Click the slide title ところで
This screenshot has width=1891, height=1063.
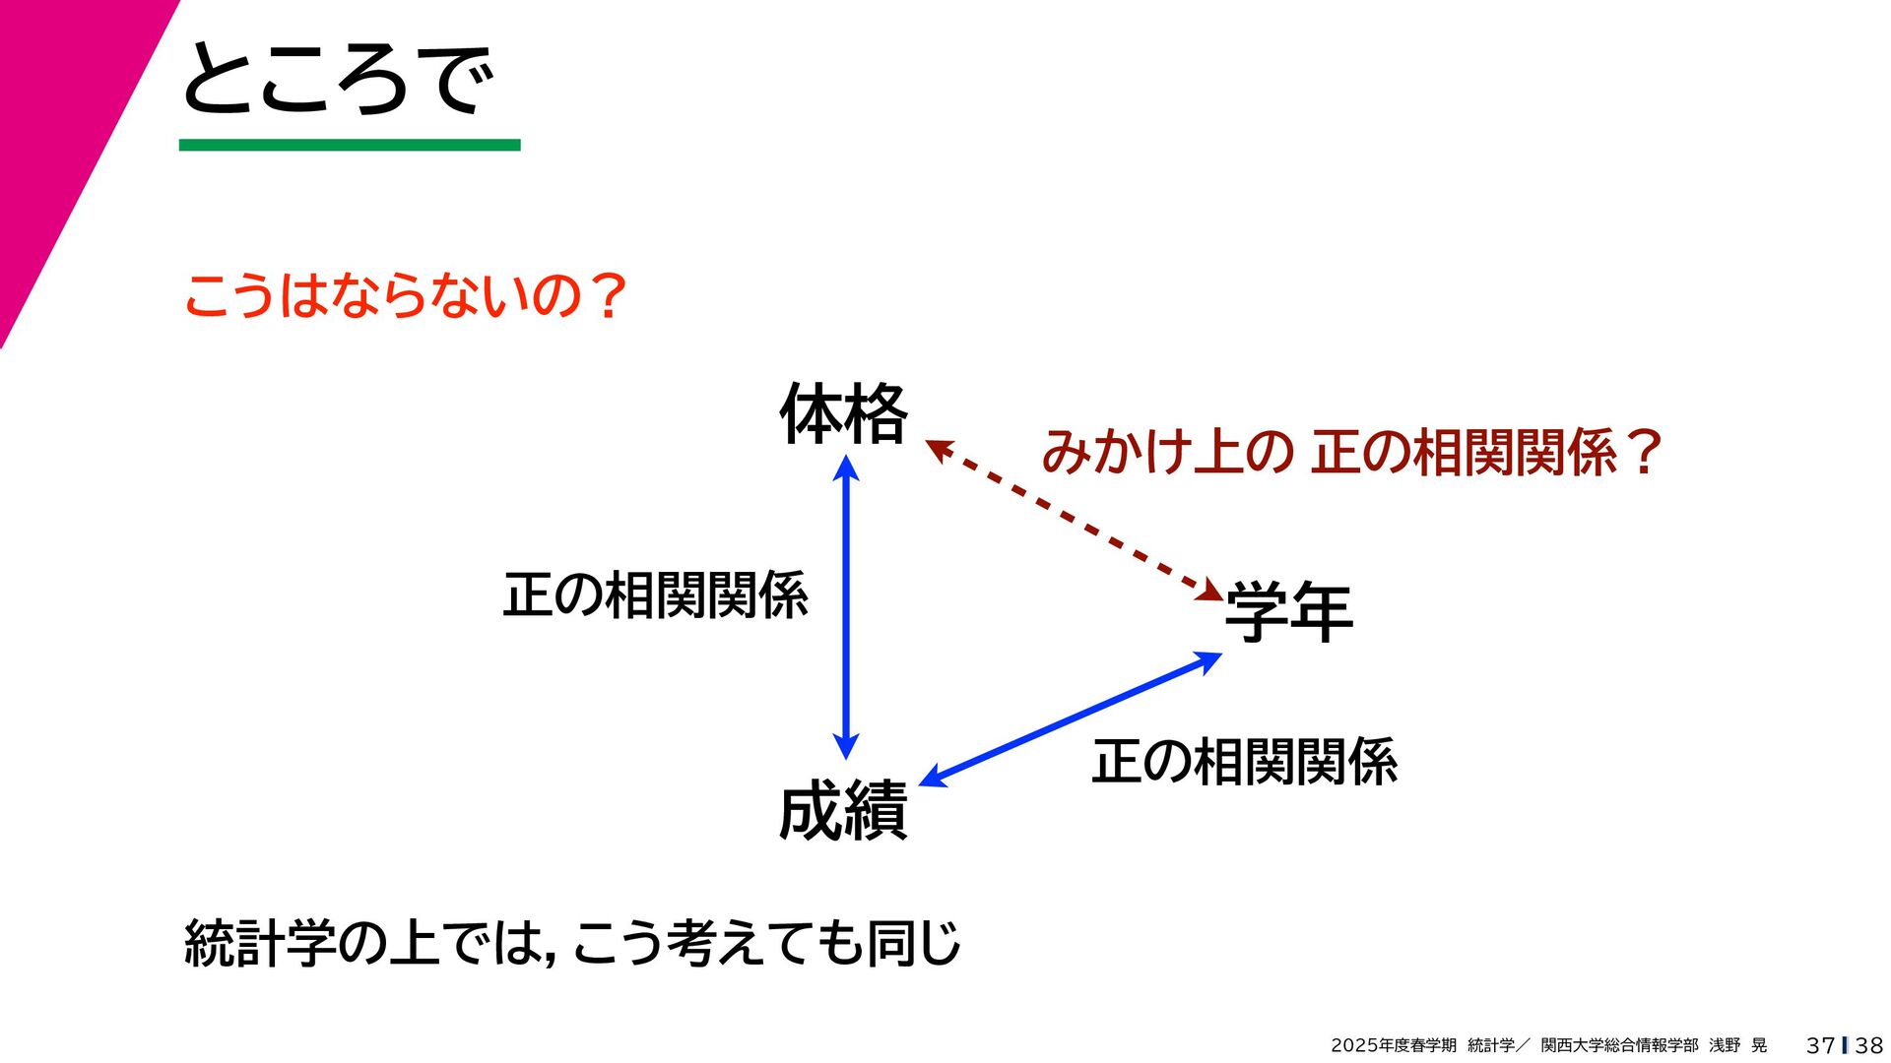coord(338,79)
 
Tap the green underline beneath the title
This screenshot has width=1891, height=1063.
coord(349,146)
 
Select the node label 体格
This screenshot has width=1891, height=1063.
coord(843,414)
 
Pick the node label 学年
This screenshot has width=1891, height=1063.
coord(1288,611)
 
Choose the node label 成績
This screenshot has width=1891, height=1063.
coord(843,811)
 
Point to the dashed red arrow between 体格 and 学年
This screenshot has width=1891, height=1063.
coord(1075,521)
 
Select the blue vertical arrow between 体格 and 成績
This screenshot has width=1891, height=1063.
coord(846,606)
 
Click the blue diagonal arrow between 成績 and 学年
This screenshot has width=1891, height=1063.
coord(1071,719)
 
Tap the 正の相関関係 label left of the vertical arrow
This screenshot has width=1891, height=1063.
coord(655,594)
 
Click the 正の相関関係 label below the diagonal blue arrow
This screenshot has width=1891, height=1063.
coord(1244,762)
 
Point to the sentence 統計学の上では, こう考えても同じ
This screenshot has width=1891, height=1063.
coord(571,943)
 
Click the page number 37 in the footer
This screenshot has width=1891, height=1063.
coord(1820,1045)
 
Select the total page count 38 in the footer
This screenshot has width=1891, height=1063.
coord(1868,1045)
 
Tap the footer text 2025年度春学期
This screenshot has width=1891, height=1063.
coord(1393,1045)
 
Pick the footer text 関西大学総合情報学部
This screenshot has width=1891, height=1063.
coord(1619,1045)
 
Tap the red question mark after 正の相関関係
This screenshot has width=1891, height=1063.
coord(1644,453)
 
